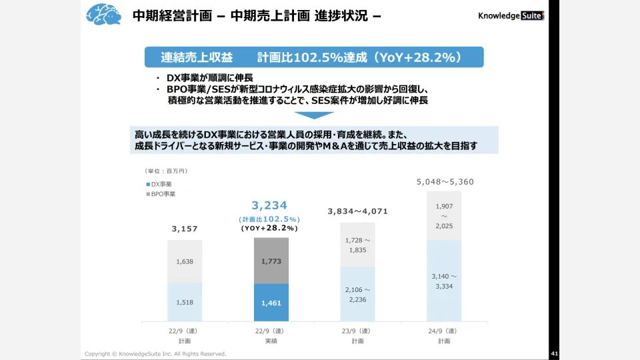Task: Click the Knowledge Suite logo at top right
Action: (x=511, y=15)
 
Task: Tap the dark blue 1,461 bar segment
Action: (x=271, y=302)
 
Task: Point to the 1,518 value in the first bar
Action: (x=185, y=302)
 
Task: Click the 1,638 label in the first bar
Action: (x=185, y=261)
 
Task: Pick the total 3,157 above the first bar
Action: (x=185, y=229)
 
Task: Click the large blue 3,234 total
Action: (x=269, y=205)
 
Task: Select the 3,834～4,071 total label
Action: (x=357, y=211)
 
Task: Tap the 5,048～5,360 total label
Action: (x=444, y=181)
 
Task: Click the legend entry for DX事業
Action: (x=161, y=183)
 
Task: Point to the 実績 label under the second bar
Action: (x=271, y=341)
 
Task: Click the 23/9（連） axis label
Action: (x=357, y=331)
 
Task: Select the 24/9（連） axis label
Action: (x=444, y=331)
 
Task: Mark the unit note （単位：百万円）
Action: (x=167, y=171)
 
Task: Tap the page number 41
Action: (x=554, y=353)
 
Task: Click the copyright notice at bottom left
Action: (x=155, y=353)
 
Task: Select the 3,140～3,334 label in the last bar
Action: (x=444, y=281)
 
